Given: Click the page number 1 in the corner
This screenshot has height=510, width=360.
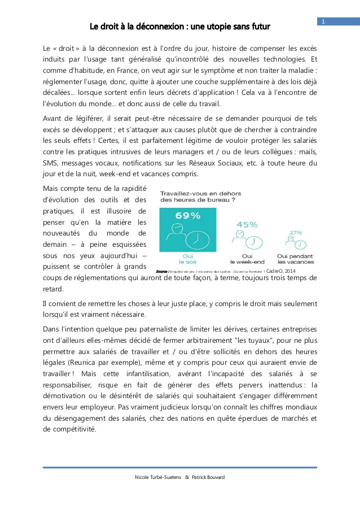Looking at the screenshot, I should [324, 21].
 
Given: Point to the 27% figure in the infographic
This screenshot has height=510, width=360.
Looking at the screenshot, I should [296, 232].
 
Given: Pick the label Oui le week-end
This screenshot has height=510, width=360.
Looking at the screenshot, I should [247, 259].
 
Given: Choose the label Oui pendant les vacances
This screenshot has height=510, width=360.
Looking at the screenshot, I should [296, 259].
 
